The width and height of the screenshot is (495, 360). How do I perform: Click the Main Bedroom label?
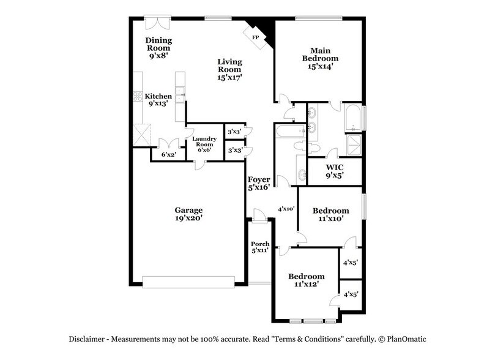point(324,58)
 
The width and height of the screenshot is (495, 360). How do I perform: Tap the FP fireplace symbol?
point(255,37)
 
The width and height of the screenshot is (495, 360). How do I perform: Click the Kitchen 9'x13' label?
point(158,100)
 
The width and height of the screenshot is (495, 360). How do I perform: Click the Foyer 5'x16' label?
point(259,184)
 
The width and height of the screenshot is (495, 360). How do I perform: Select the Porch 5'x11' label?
point(260,247)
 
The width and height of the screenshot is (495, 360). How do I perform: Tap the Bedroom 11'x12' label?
point(307,280)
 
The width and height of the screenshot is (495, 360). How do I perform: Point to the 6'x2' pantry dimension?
point(169,155)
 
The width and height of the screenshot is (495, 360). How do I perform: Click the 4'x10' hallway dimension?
point(286,209)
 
